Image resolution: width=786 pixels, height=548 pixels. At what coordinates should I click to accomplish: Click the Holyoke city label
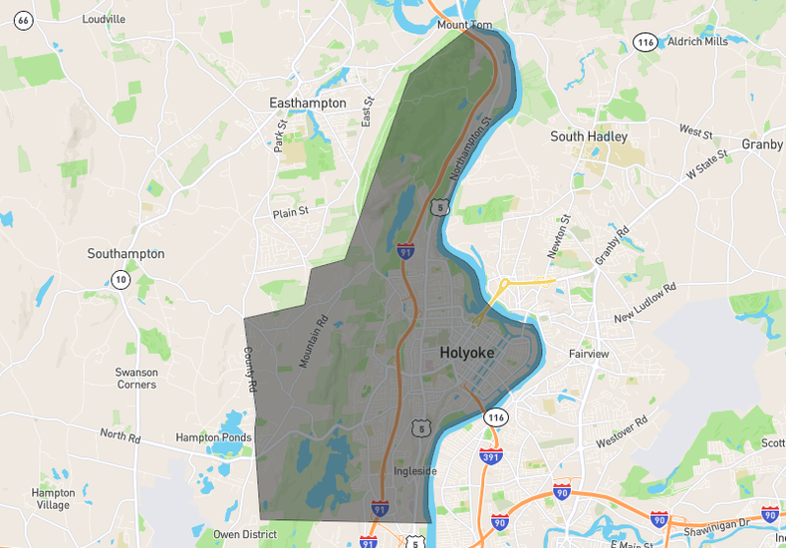coord(466,353)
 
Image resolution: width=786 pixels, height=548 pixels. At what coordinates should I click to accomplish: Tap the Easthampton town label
coord(308,103)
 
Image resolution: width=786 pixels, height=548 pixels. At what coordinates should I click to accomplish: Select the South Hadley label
coord(589,137)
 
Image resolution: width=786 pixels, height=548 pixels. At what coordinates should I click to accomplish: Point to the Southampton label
coord(126,254)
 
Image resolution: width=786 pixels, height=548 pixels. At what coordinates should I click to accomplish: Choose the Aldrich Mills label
coord(697,41)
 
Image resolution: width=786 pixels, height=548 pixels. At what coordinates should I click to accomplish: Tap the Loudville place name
coord(104,19)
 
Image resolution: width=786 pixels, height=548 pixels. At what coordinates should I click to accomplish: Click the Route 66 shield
coord(23,20)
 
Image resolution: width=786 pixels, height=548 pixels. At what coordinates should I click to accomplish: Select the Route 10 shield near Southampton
coord(120,279)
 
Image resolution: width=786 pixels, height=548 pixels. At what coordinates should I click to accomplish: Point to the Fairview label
coord(588,354)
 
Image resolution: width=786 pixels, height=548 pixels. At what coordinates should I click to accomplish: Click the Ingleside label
coord(414,471)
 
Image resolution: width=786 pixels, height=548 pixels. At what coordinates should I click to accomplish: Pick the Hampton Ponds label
coord(210,436)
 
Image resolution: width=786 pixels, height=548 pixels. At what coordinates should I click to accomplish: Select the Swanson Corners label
coord(135,378)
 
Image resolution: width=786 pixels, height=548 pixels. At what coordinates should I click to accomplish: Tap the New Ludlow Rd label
coord(645,303)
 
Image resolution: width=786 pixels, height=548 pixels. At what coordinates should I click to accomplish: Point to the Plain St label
coord(291,212)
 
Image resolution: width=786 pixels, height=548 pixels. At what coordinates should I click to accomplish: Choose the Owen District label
coord(245,534)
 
